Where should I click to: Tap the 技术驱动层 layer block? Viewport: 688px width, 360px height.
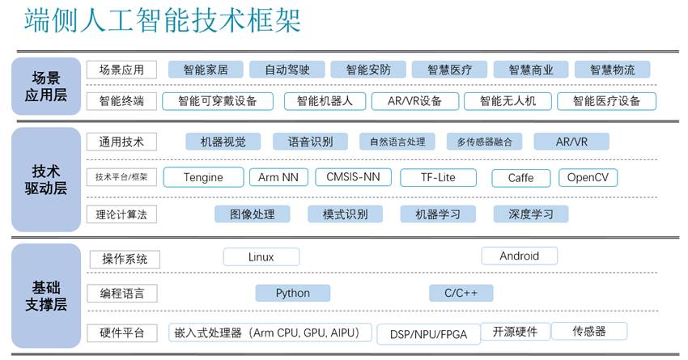click(x=46, y=180)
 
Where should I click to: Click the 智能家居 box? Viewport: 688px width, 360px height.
click(x=206, y=70)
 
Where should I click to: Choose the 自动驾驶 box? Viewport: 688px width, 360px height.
click(x=287, y=70)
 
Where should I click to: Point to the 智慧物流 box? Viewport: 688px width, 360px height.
click(x=612, y=70)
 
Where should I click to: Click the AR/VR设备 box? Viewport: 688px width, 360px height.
click(x=414, y=101)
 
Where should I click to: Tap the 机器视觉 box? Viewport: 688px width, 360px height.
click(x=223, y=142)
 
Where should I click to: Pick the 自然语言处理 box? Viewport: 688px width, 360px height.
click(x=397, y=142)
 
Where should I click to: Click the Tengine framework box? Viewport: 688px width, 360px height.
click(x=203, y=177)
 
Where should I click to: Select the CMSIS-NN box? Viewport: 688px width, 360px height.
click(x=352, y=176)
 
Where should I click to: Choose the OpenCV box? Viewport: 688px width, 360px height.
click(x=588, y=177)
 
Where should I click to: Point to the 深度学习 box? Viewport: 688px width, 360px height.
click(x=530, y=214)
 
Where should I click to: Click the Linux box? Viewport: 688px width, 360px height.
click(x=261, y=257)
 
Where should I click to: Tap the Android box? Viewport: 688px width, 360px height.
click(x=519, y=256)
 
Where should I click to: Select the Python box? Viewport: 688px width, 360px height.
click(x=292, y=293)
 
